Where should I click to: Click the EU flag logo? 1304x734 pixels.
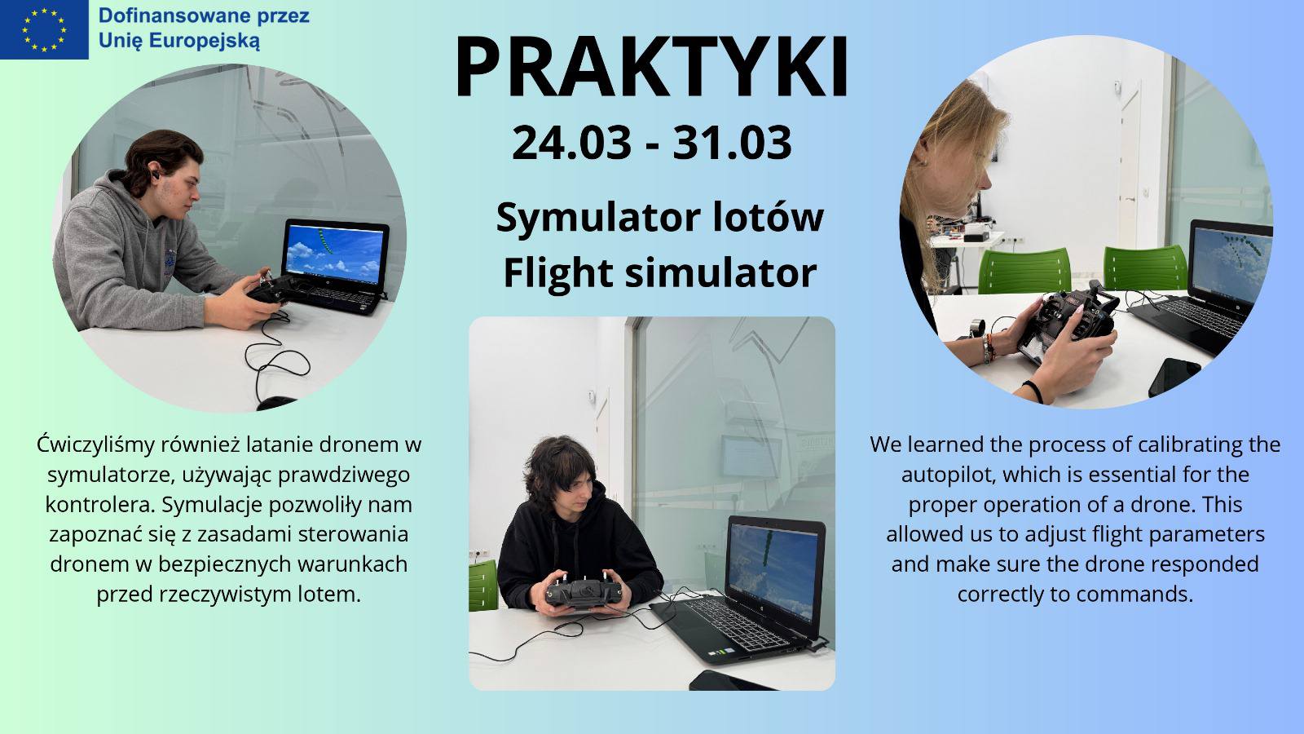point(44,29)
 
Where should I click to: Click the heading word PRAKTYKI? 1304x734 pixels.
point(651,67)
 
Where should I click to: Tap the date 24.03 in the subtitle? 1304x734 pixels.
point(571,143)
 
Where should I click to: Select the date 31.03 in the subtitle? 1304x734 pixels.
point(732,143)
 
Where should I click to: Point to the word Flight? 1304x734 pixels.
point(557,272)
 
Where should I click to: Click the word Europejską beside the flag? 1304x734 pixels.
point(205,42)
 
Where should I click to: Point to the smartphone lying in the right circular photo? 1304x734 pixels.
point(1174,377)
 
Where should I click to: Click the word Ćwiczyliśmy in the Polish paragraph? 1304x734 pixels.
point(95,445)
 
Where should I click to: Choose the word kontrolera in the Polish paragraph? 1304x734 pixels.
point(100,505)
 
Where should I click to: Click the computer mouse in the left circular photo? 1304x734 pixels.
point(276,403)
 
